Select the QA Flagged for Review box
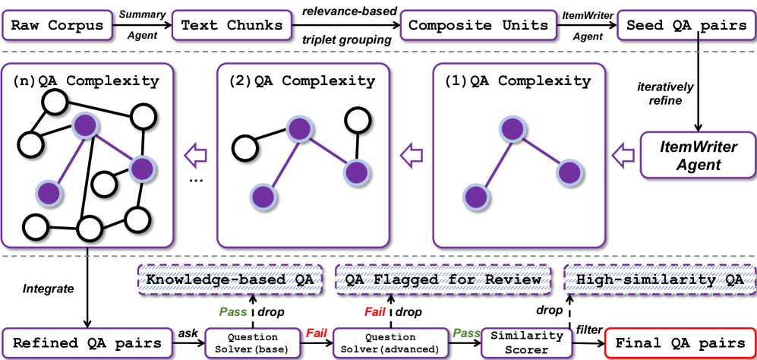click(x=443, y=279)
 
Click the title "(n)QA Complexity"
click(x=87, y=81)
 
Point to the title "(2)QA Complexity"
click(x=302, y=81)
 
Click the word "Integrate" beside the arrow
click(x=44, y=289)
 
